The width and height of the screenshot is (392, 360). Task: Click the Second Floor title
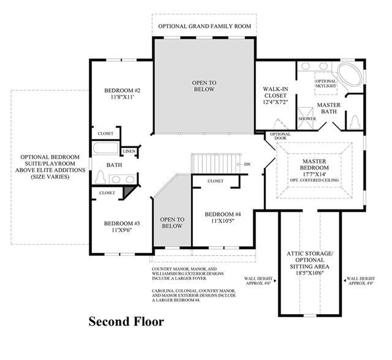point(126,321)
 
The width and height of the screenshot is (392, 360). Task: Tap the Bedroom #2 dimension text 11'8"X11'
point(123,97)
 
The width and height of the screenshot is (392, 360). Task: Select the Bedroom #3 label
point(122,223)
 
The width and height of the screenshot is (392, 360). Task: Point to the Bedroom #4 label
point(223,214)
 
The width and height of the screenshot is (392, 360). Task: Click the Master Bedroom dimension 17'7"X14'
point(314,174)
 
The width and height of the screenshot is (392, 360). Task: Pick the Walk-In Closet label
point(276,92)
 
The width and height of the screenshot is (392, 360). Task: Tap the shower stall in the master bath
point(305,118)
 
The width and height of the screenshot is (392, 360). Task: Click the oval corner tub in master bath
point(350,75)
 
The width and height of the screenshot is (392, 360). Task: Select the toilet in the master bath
point(355,122)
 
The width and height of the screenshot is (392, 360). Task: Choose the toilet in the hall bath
point(100,177)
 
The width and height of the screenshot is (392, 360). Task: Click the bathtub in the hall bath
point(106,148)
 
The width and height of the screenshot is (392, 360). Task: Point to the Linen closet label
point(129,151)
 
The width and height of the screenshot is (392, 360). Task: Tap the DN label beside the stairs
point(247,164)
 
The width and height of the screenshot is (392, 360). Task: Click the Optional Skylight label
point(326,83)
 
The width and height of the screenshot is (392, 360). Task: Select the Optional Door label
point(281,136)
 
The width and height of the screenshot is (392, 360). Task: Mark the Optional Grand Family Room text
point(205,26)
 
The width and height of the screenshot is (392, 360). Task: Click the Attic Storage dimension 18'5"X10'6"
point(309,273)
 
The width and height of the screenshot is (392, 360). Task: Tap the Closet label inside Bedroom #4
point(216,181)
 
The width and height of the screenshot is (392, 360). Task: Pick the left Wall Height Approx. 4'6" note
point(258,281)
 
